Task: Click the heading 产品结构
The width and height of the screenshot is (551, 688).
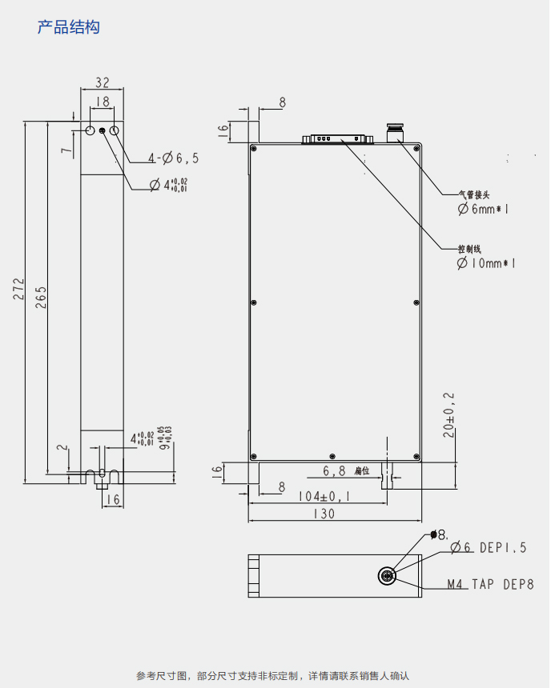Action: tap(69, 27)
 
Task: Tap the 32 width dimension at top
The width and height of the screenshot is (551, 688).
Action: tap(103, 82)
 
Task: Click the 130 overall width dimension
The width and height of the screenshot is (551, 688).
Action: tap(324, 514)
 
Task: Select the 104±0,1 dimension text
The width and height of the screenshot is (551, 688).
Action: tap(324, 496)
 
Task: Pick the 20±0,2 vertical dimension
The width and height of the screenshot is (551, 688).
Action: tap(449, 415)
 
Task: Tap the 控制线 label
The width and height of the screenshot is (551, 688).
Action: tap(469, 249)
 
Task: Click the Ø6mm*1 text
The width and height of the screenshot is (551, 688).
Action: tap(484, 209)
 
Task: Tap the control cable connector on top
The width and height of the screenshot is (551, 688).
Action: tap(336, 139)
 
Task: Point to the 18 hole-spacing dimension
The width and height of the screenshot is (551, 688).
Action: tap(103, 102)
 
